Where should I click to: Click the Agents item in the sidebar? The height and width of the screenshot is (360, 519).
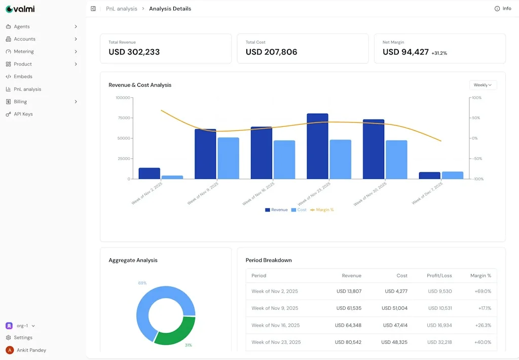[x=22, y=26]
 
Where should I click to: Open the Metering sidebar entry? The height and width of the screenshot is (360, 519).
[x=23, y=51]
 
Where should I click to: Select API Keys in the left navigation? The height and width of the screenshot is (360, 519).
[x=23, y=114]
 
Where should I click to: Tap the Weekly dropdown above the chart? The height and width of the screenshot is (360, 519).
[x=483, y=85]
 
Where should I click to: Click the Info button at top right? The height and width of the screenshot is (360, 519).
[x=503, y=9]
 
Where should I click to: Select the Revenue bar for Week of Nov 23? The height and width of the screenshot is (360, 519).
[x=317, y=146]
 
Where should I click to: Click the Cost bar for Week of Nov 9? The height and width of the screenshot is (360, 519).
[x=229, y=158]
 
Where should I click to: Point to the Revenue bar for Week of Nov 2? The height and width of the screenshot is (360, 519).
[x=149, y=173]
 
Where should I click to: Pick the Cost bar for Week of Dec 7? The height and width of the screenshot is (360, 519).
[x=452, y=175]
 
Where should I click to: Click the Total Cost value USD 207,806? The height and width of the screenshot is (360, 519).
[x=271, y=52]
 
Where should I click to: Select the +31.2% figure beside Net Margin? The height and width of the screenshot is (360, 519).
[x=439, y=53]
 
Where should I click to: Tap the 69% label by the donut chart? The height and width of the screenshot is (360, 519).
[x=142, y=283]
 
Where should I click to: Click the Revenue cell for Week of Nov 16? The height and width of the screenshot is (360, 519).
[x=349, y=325]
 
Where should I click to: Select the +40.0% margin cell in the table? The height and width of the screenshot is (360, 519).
[x=483, y=342]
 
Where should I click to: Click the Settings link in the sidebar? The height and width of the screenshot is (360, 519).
[x=23, y=338]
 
